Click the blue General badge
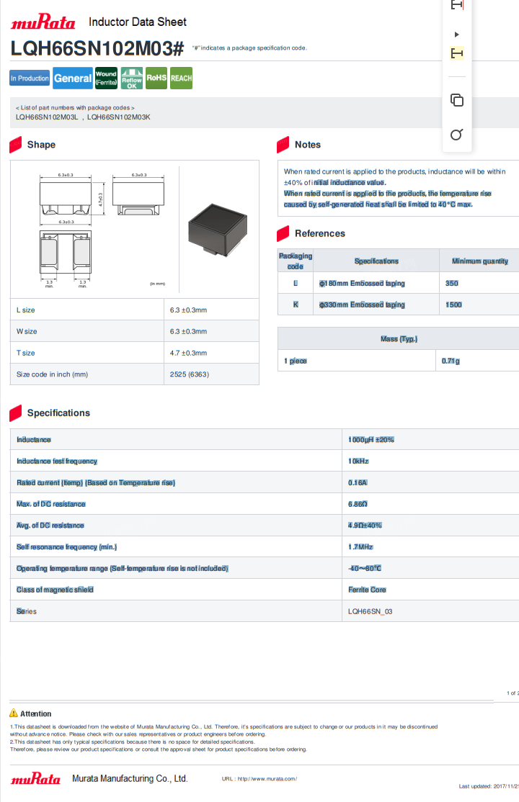(x=73, y=78)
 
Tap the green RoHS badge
(x=156, y=78)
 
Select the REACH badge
(x=182, y=78)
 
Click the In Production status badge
(x=30, y=78)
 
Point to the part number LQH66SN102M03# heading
(x=97, y=48)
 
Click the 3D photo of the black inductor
(x=218, y=230)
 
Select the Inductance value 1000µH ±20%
(x=371, y=440)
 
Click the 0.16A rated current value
(x=358, y=483)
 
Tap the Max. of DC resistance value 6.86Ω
(x=358, y=505)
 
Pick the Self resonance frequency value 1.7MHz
(x=360, y=547)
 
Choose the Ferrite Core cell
(x=367, y=590)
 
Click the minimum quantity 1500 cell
(x=453, y=305)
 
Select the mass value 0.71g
(x=451, y=361)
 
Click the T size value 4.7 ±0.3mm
(x=189, y=353)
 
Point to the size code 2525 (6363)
(x=190, y=374)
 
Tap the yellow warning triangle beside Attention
(x=14, y=713)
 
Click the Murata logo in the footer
(x=35, y=778)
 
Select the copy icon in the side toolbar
(x=456, y=100)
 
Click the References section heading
(x=320, y=234)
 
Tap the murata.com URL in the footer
(x=259, y=779)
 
